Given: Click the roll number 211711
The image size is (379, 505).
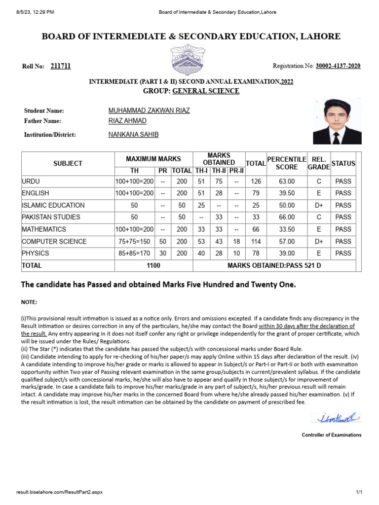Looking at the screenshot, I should click(61, 66).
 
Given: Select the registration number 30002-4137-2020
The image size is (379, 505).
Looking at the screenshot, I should click(338, 66).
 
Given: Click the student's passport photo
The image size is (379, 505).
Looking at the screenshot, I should click(337, 121).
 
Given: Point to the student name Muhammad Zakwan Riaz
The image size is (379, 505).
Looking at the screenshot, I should click(149, 111).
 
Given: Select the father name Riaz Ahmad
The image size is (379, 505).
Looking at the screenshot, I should click(127, 121).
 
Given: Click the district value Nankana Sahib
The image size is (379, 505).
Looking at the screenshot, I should click(133, 135).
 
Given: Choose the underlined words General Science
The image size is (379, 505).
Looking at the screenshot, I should click(206, 91).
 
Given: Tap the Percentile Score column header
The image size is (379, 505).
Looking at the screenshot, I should click(286, 163).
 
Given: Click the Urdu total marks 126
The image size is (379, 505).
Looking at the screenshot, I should click(256, 181).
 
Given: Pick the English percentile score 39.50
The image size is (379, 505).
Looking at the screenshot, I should click(287, 193).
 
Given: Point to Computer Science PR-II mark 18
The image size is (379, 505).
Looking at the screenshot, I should click(236, 242).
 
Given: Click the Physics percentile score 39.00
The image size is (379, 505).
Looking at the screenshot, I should click(287, 253).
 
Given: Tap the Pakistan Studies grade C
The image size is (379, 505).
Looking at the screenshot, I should click(319, 217).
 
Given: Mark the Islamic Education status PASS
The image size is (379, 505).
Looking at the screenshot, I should click(343, 205).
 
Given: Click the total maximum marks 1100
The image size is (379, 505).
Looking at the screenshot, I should click(153, 265).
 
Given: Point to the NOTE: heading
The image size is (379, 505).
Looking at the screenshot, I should click(29, 302).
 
